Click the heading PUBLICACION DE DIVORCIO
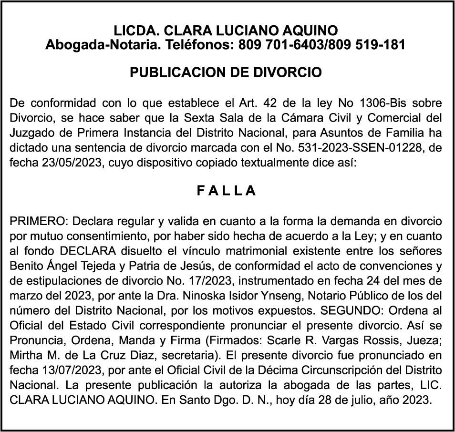point(226,72)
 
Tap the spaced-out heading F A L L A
point(227,191)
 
